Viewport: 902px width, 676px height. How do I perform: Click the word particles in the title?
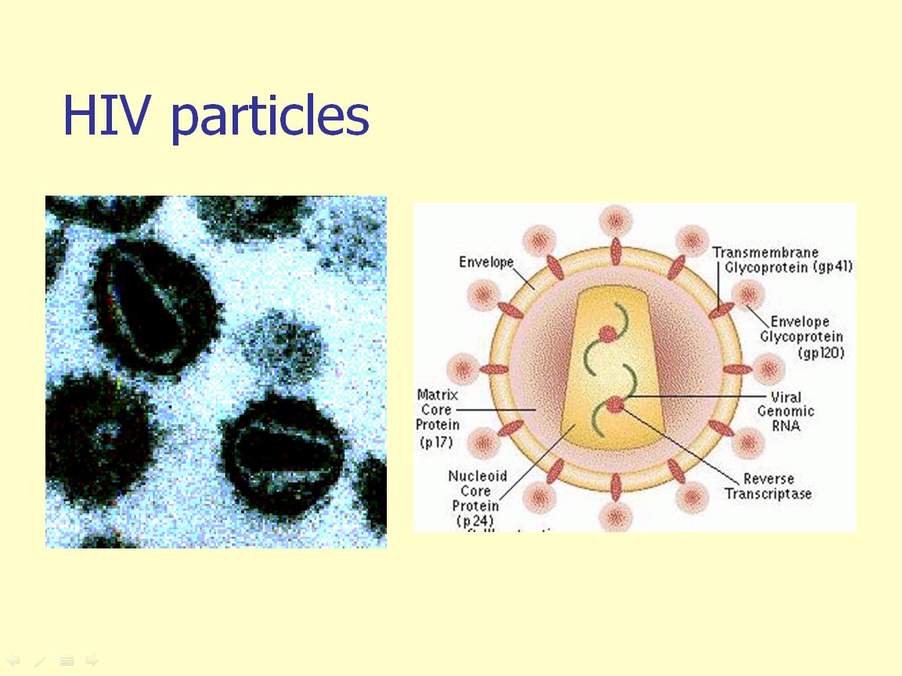[269, 117]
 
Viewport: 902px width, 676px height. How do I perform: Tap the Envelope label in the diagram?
[485, 262]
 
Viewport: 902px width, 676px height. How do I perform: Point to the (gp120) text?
[821, 353]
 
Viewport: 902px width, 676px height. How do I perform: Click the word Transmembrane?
[765, 252]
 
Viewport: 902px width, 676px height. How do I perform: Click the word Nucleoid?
[478, 476]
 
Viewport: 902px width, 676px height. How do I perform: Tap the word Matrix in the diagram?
[437, 394]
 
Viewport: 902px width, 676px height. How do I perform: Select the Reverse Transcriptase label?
[768, 486]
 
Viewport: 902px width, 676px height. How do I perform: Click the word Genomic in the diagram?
[785, 412]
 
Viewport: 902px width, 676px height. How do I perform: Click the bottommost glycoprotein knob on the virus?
[615, 516]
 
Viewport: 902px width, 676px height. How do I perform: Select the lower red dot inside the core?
[615, 405]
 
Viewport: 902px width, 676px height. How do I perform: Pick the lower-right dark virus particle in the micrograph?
[283, 452]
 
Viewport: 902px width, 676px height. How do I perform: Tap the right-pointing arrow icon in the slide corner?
[92, 661]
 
